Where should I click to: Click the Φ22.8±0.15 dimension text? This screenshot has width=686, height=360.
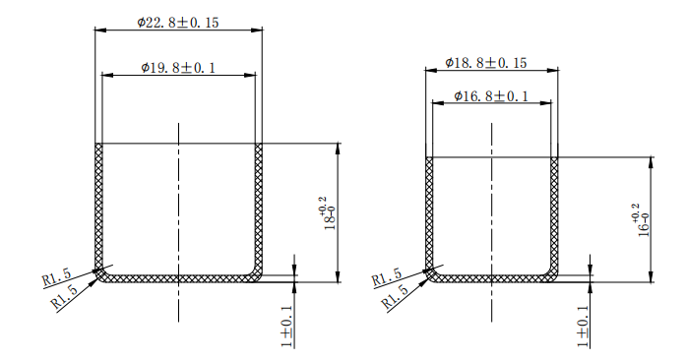(178, 21)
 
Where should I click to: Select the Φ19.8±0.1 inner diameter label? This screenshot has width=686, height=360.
(178, 67)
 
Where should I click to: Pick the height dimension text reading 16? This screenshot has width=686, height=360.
(639, 220)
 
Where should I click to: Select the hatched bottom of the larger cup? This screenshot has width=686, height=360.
(178, 278)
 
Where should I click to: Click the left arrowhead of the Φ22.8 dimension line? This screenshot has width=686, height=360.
(99, 30)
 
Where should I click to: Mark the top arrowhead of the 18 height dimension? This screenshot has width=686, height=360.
(339, 148)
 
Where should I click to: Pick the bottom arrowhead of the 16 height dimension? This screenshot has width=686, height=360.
(653, 278)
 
